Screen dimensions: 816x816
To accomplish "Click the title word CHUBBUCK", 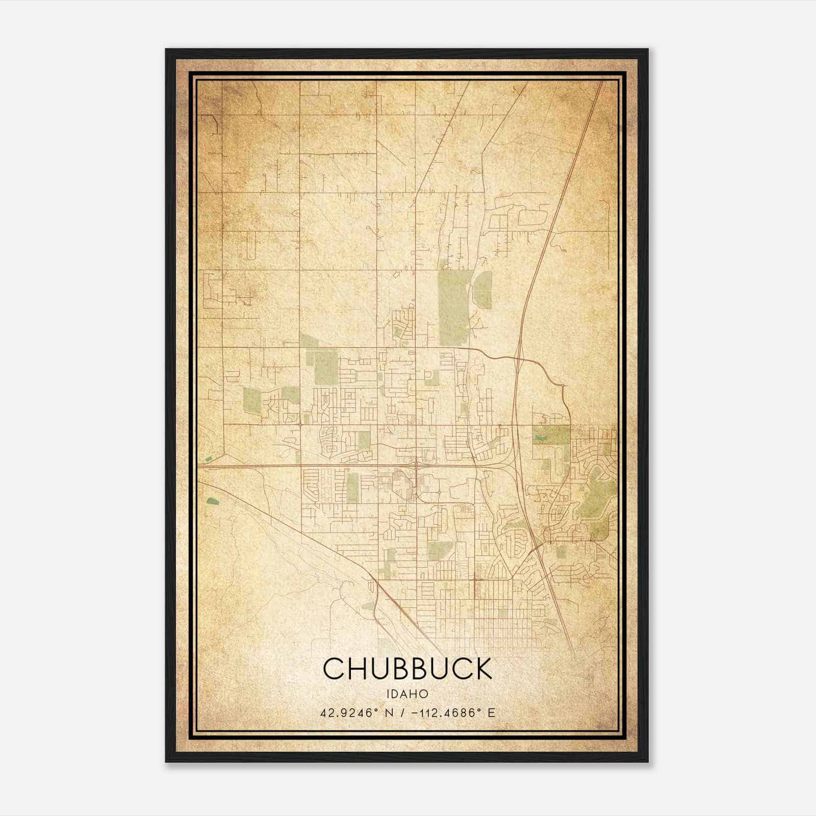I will tap(407, 669).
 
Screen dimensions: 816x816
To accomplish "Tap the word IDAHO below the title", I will tap(407, 694).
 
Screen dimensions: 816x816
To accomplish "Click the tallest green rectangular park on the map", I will tap(453, 308).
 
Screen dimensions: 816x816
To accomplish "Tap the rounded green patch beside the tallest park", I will tap(483, 290).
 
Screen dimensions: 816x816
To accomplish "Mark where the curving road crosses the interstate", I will tap(519, 359).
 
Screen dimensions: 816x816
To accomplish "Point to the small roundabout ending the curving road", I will tap(562, 386).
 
